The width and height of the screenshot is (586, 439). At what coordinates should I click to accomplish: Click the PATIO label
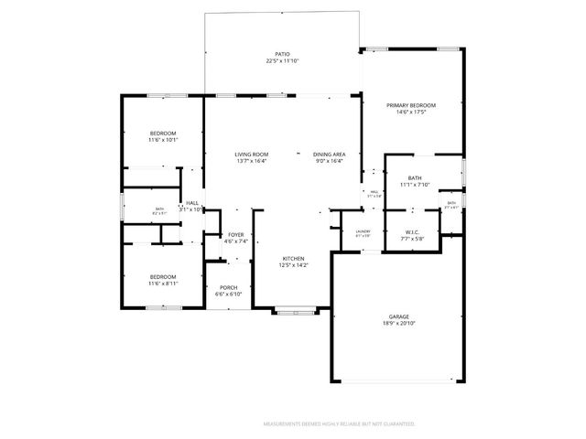[282, 54]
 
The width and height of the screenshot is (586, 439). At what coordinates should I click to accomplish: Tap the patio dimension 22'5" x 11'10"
[282, 61]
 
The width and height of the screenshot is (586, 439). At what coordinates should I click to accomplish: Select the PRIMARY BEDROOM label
[410, 105]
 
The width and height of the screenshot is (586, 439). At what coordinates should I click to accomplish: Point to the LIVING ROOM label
[251, 155]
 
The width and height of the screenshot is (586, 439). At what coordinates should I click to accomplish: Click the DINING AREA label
[329, 155]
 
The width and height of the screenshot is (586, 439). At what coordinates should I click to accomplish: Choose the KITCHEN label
[293, 259]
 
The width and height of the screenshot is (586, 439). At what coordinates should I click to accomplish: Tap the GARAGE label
[397, 316]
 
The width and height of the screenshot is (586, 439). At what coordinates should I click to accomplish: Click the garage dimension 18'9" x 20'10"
[397, 323]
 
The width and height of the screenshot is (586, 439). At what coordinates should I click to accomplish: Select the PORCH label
[228, 287]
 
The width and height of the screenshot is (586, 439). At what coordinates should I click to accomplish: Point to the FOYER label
[235, 235]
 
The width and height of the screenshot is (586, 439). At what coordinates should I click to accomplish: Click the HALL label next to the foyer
[192, 203]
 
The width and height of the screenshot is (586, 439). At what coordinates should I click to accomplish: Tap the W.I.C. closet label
[411, 231]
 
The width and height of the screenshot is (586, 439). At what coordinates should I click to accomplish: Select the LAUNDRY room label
[363, 231]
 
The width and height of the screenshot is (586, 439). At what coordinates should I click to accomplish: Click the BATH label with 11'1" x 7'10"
[415, 177]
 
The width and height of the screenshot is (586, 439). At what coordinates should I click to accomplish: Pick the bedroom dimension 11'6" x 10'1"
[163, 141]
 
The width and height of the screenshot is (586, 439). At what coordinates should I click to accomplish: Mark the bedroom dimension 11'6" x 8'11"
[163, 284]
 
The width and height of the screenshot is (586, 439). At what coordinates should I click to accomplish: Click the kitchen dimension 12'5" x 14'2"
[293, 266]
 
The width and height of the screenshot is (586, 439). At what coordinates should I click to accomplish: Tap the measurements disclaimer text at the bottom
[339, 424]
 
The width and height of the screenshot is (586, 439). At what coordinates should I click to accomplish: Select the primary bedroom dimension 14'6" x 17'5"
[410, 112]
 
